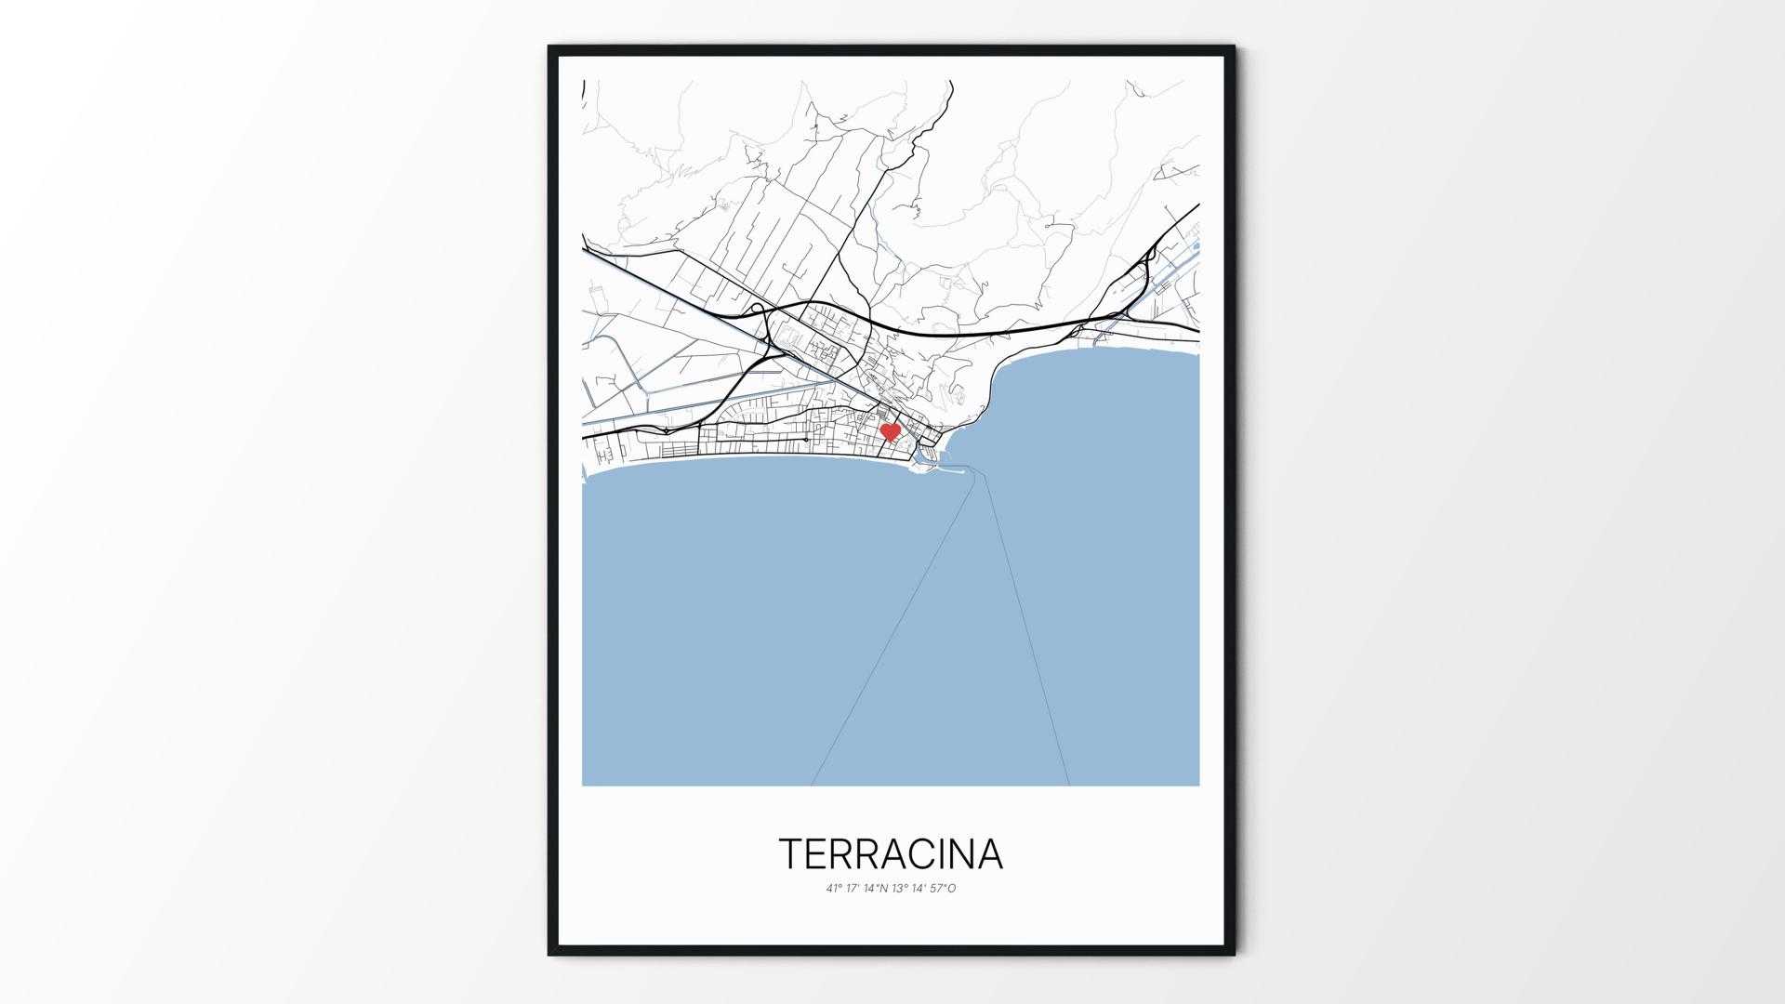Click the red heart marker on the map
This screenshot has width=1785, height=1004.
point(890,432)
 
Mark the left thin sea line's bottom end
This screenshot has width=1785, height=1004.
point(812,786)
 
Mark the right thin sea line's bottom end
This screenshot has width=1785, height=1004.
point(1069,786)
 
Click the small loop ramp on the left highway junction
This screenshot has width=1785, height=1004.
point(757,308)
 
